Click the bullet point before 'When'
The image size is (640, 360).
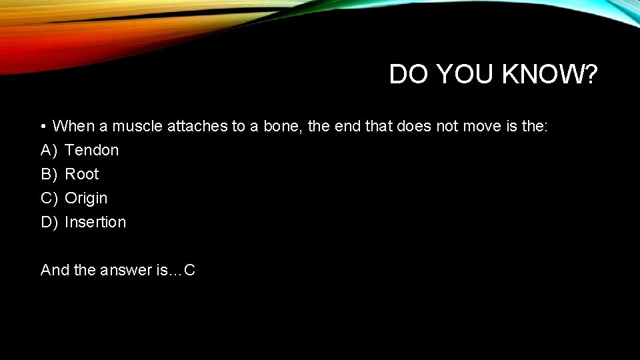pos(42,126)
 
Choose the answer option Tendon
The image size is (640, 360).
pos(92,150)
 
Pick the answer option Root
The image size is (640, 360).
pos(81,174)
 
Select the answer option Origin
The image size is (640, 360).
pos(86,198)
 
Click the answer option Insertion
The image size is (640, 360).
pos(95,222)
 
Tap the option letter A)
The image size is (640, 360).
pos(49,150)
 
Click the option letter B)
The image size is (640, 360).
pos(49,174)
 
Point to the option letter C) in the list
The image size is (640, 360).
pos(49,198)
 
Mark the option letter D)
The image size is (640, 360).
pos(49,222)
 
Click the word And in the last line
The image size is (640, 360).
pos(53,270)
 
